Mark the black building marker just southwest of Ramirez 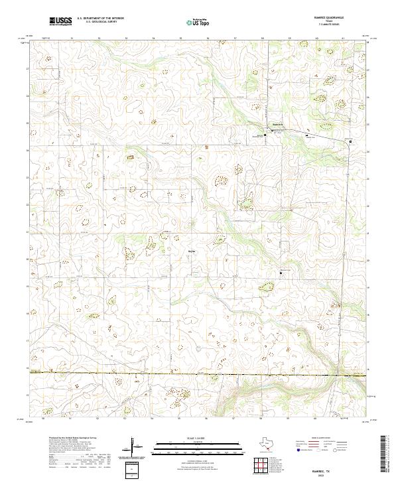(265, 134)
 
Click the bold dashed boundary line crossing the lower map (199, 376)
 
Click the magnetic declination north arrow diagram (133, 445)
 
